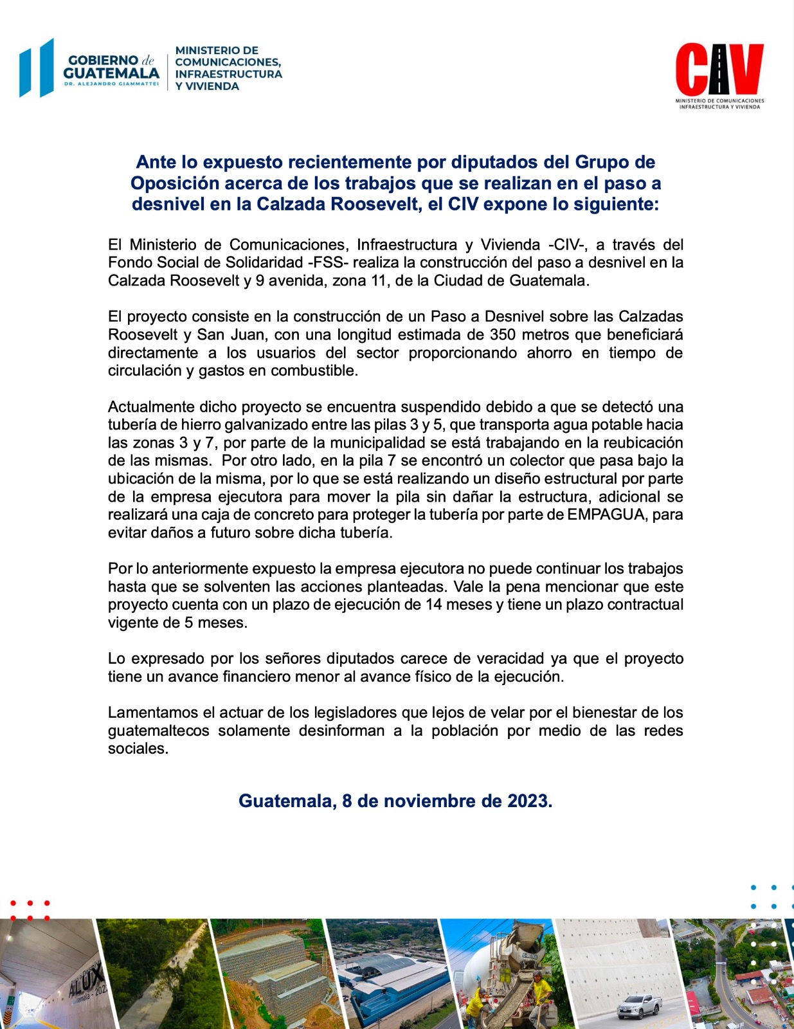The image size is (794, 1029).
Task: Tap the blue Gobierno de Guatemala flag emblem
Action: coord(37,68)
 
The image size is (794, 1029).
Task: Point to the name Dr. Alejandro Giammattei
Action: coord(111,84)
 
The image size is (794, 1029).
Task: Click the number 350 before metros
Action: coord(503,334)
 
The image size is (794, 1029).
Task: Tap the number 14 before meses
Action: coord(433,605)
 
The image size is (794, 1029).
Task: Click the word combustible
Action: coord(314,370)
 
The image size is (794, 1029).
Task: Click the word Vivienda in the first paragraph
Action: coord(510,244)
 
